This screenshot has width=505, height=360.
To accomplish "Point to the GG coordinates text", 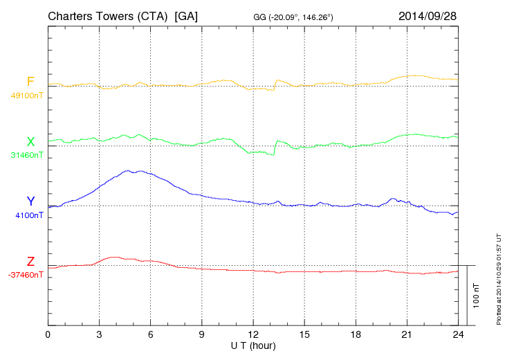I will coord(294,16).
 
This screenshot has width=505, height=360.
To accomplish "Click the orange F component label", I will coord(30,82).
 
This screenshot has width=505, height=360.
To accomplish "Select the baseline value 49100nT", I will coord(26,96).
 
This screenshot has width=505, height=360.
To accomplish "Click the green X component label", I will coord(30,142).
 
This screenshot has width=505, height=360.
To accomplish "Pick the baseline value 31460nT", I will coord(26,155).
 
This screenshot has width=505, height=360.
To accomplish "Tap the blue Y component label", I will coord(30,201).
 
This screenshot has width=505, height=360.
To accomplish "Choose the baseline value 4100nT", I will coord(29,215).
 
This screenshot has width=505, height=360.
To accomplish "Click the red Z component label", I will coord(30,262).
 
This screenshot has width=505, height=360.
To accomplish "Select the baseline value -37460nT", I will coord(26,275).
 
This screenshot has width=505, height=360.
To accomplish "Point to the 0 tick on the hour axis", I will coord(48,334).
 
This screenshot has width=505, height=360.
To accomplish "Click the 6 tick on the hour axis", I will coord(150,334).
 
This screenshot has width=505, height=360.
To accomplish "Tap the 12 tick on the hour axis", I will coord(252,334).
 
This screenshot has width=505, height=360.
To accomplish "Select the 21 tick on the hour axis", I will coord(407,334).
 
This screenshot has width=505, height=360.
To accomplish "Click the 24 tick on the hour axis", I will coord(458,334).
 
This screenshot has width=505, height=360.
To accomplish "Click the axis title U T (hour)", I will coord(253,345).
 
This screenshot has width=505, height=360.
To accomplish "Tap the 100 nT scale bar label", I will coord(477,295).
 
